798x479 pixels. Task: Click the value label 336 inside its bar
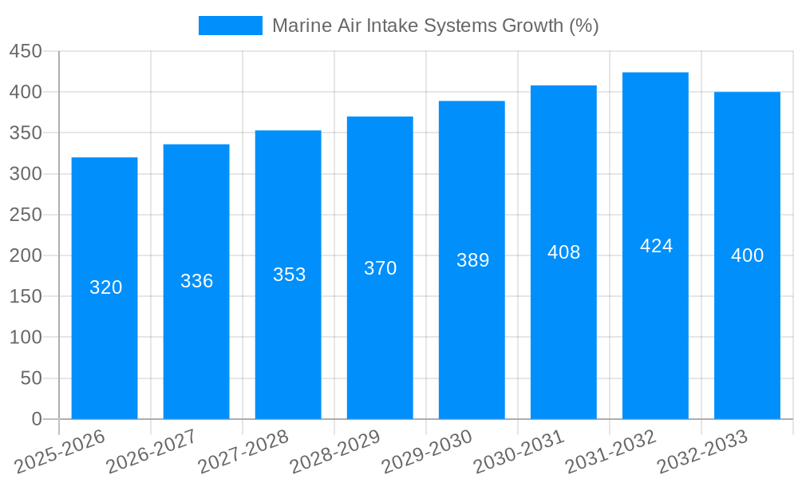click(196, 281)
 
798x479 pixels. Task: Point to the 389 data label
click(472, 260)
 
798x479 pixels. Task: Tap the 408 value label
click(563, 252)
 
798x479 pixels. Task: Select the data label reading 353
click(289, 275)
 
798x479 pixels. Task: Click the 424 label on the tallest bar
click(656, 246)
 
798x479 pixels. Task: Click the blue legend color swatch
click(230, 26)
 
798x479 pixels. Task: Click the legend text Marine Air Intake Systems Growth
click(435, 26)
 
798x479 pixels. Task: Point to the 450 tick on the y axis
click(26, 51)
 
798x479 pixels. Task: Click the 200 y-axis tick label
click(26, 255)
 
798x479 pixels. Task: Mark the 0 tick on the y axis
click(37, 419)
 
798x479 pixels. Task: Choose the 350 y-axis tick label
click(26, 133)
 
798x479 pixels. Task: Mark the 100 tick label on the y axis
click(26, 338)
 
